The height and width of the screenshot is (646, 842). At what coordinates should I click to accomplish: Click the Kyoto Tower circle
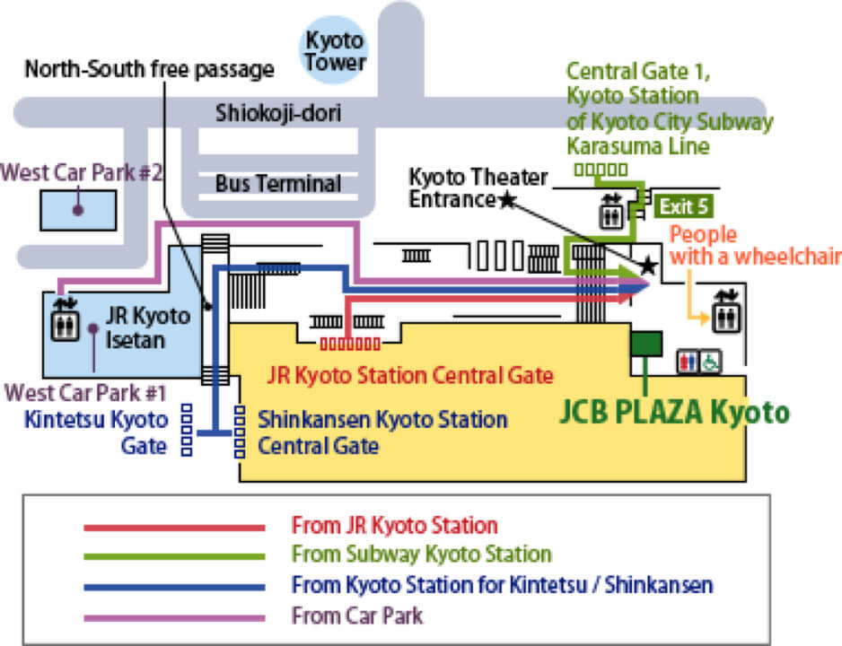(334, 50)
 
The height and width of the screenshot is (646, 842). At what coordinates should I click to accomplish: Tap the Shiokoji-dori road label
(278, 114)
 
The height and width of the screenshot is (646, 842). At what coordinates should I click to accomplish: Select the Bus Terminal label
(278, 184)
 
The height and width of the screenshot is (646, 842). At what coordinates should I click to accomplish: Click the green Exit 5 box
(684, 206)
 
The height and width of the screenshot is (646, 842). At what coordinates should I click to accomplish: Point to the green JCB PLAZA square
(646, 345)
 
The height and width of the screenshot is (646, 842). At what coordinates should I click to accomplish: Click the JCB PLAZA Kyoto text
(674, 412)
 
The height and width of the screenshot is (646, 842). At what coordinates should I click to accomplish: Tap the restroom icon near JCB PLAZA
(688, 360)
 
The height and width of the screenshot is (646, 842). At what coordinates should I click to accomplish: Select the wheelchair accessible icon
(709, 360)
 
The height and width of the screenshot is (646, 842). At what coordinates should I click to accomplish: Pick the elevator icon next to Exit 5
(611, 212)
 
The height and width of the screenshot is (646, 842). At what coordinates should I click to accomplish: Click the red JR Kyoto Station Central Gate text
(410, 374)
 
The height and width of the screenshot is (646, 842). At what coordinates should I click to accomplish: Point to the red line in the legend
(174, 527)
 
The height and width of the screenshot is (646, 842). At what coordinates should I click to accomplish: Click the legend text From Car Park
(357, 615)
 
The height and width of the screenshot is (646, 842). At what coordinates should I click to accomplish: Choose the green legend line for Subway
(174, 556)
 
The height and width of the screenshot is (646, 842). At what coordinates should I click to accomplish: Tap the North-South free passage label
(148, 68)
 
